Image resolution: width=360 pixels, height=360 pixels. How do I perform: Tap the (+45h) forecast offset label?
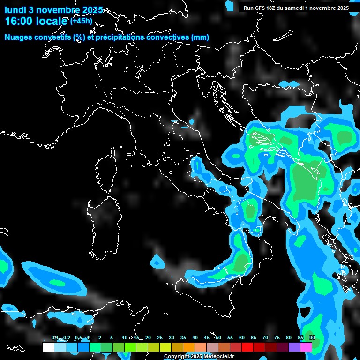coord(81,21)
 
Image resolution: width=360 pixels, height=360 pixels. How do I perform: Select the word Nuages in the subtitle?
coord(18,37)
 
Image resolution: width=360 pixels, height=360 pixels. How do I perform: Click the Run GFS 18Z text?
coord(260,8)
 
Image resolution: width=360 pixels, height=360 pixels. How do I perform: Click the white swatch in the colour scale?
coord(48,347)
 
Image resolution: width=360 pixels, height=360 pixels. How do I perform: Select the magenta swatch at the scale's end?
coord(306,347)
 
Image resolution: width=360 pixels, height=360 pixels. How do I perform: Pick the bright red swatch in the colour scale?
coord(247,347)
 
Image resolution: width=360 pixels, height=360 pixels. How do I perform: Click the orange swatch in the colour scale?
coord(188,347)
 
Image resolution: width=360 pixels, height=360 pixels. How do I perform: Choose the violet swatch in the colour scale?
coord(294,347)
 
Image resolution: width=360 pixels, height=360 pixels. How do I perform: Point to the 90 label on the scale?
coord(312,338)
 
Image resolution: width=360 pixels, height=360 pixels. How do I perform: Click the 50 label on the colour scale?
coord(218,338)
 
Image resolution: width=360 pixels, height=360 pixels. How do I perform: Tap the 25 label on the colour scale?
coord(160,338)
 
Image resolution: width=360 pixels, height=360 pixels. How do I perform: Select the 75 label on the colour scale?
coord(277,338)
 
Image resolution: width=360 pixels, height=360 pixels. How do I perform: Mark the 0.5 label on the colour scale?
coord(78,338)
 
